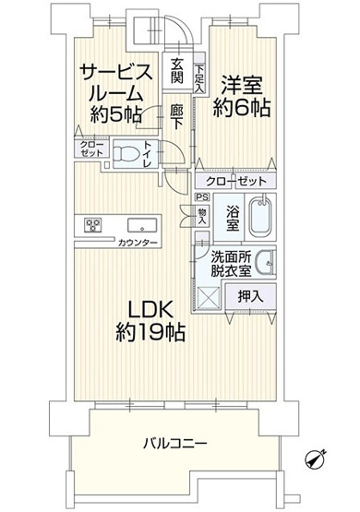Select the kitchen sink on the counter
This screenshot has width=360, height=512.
(x=142, y=224)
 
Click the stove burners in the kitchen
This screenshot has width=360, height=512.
(x=93, y=223)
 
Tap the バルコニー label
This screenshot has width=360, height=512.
(x=174, y=444)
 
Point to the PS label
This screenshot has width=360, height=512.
(x=200, y=196)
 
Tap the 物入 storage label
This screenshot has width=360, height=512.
(x=202, y=215)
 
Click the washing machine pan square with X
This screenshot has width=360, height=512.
(x=209, y=297)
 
